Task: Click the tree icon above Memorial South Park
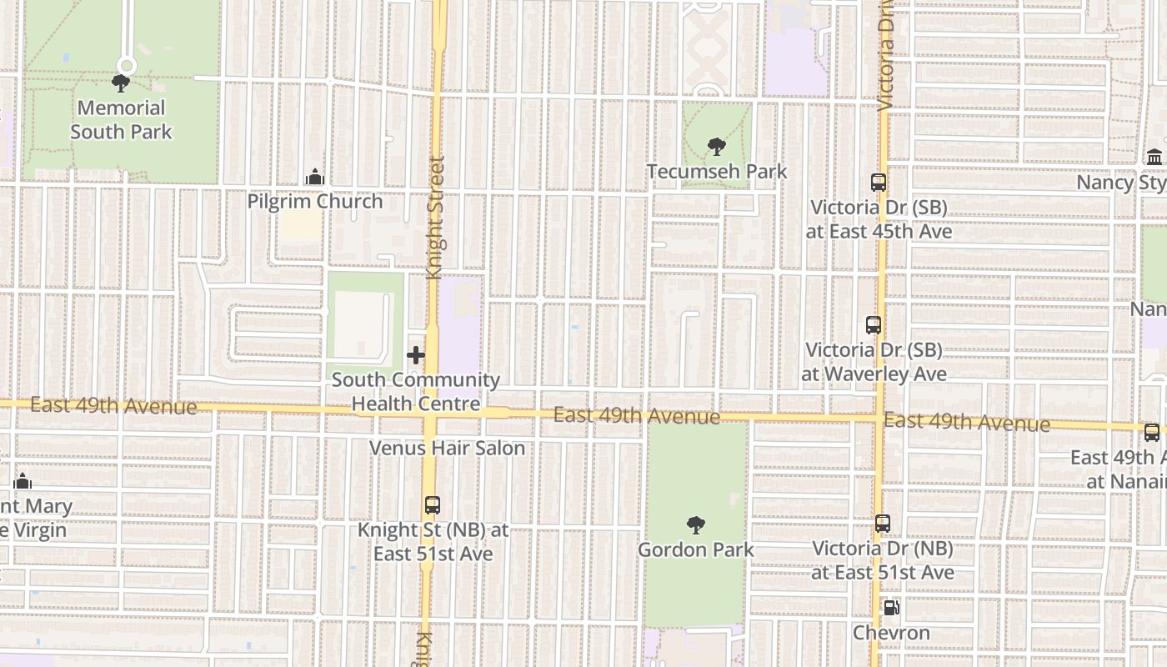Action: pyautogui.click(x=121, y=83)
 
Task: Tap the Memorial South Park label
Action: pyautogui.click(x=122, y=119)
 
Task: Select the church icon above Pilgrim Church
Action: pyautogui.click(x=315, y=177)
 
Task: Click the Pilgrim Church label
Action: pyautogui.click(x=315, y=201)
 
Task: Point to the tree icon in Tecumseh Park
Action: pyautogui.click(x=716, y=148)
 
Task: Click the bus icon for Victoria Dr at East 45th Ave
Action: pyautogui.click(x=878, y=183)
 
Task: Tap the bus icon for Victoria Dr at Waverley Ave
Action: pyautogui.click(x=874, y=325)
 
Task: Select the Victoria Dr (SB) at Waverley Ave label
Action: pyautogui.click(x=874, y=362)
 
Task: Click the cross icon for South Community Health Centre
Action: pyautogui.click(x=415, y=356)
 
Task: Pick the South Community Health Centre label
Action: pyautogui.click(x=415, y=392)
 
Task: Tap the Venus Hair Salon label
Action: pyautogui.click(x=447, y=448)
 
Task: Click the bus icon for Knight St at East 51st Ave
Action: pyautogui.click(x=432, y=505)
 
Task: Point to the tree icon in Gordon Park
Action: pyautogui.click(x=695, y=525)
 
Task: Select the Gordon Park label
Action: pyautogui.click(x=696, y=549)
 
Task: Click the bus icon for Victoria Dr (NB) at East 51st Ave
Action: pyautogui.click(x=883, y=524)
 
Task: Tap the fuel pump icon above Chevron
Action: pyautogui.click(x=891, y=608)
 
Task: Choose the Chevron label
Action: pyautogui.click(x=891, y=633)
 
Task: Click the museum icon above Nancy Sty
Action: pyautogui.click(x=1154, y=158)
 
